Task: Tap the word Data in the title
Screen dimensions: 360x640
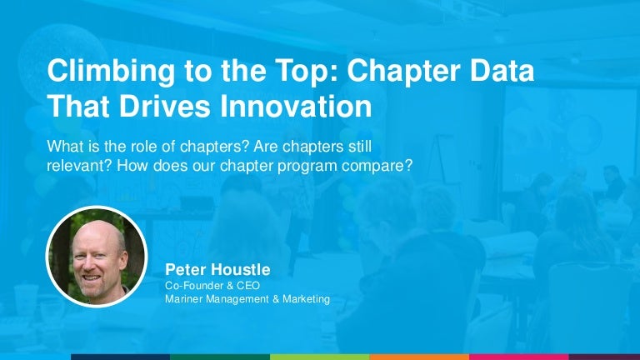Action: click(499, 72)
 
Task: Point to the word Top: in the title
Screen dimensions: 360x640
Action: click(275, 72)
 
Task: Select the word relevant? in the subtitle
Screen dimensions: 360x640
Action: click(80, 164)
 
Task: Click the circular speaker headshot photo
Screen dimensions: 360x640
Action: click(96, 255)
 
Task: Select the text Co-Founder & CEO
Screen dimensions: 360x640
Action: click(212, 285)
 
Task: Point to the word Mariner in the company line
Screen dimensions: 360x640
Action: click(185, 299)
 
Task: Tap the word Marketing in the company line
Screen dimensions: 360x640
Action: click(302, 299)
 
